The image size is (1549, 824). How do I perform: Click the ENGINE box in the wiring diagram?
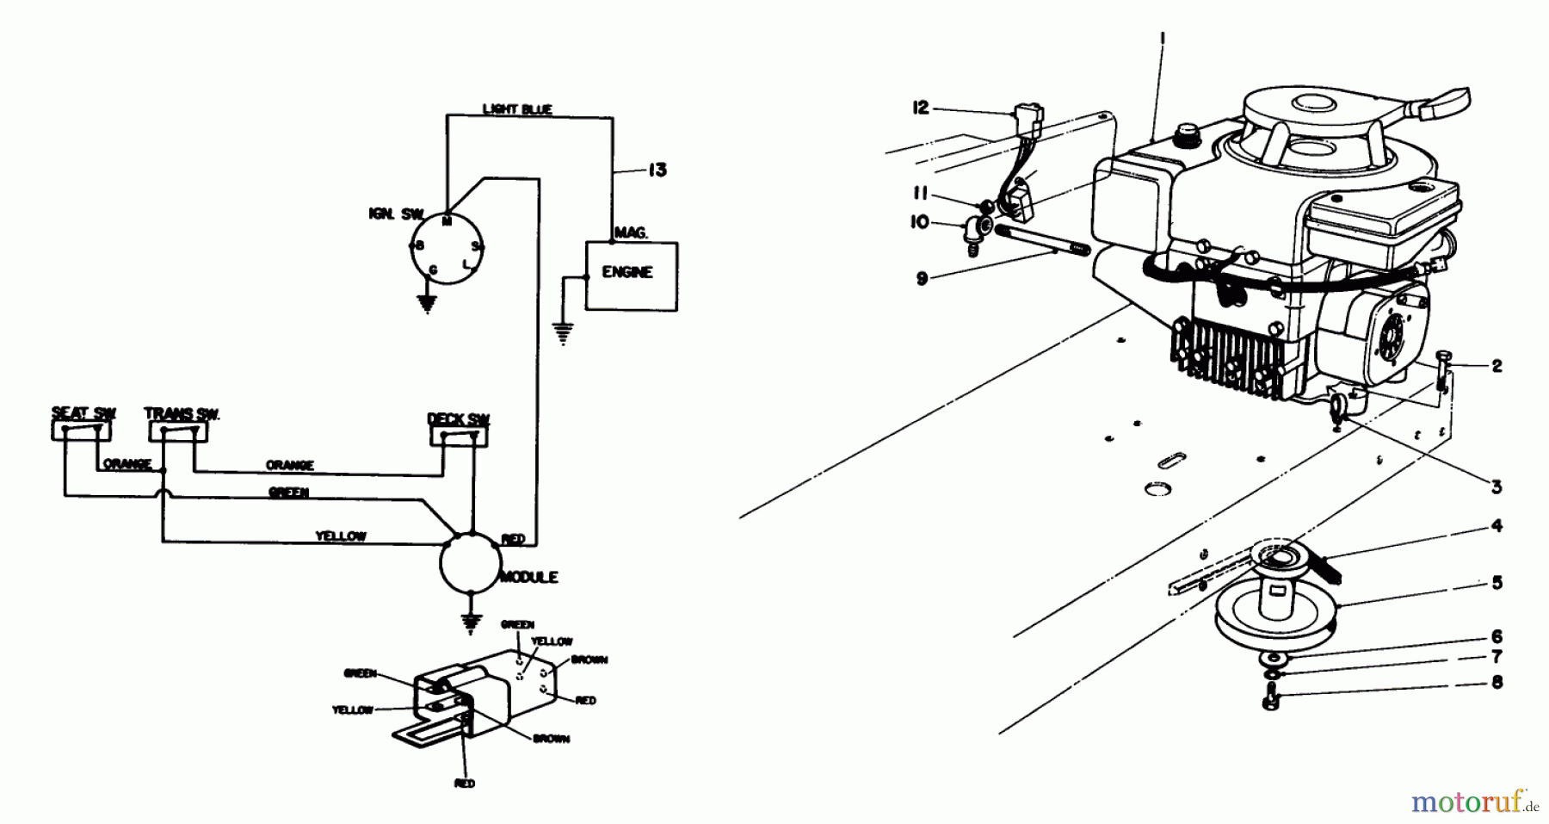pos(631,275)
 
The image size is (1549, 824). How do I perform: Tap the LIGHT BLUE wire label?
pos(517,109)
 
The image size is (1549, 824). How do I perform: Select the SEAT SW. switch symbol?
pos(83,429)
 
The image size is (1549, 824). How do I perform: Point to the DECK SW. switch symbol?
pos(459,436)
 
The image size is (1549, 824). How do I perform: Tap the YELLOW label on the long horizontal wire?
pos(341,536)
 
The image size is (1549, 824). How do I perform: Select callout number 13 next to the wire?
pos(657,170)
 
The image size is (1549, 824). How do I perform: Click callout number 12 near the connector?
pos(922,108)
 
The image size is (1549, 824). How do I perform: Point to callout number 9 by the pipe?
pos(922,279)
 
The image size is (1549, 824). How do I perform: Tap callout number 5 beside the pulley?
pos(1497,583)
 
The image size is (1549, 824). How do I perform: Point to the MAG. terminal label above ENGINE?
pos(630,232)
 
